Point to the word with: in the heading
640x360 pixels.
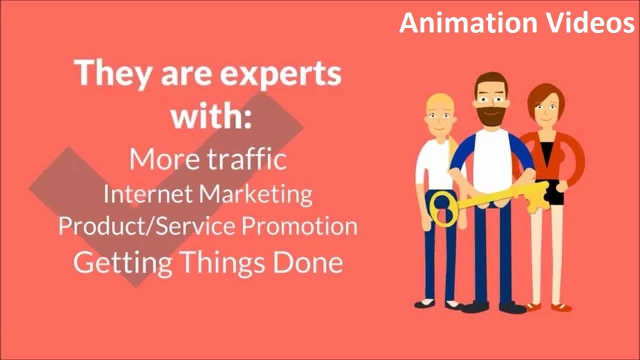210,115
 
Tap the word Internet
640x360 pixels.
148,193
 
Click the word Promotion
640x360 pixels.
300,226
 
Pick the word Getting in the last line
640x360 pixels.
123,262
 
